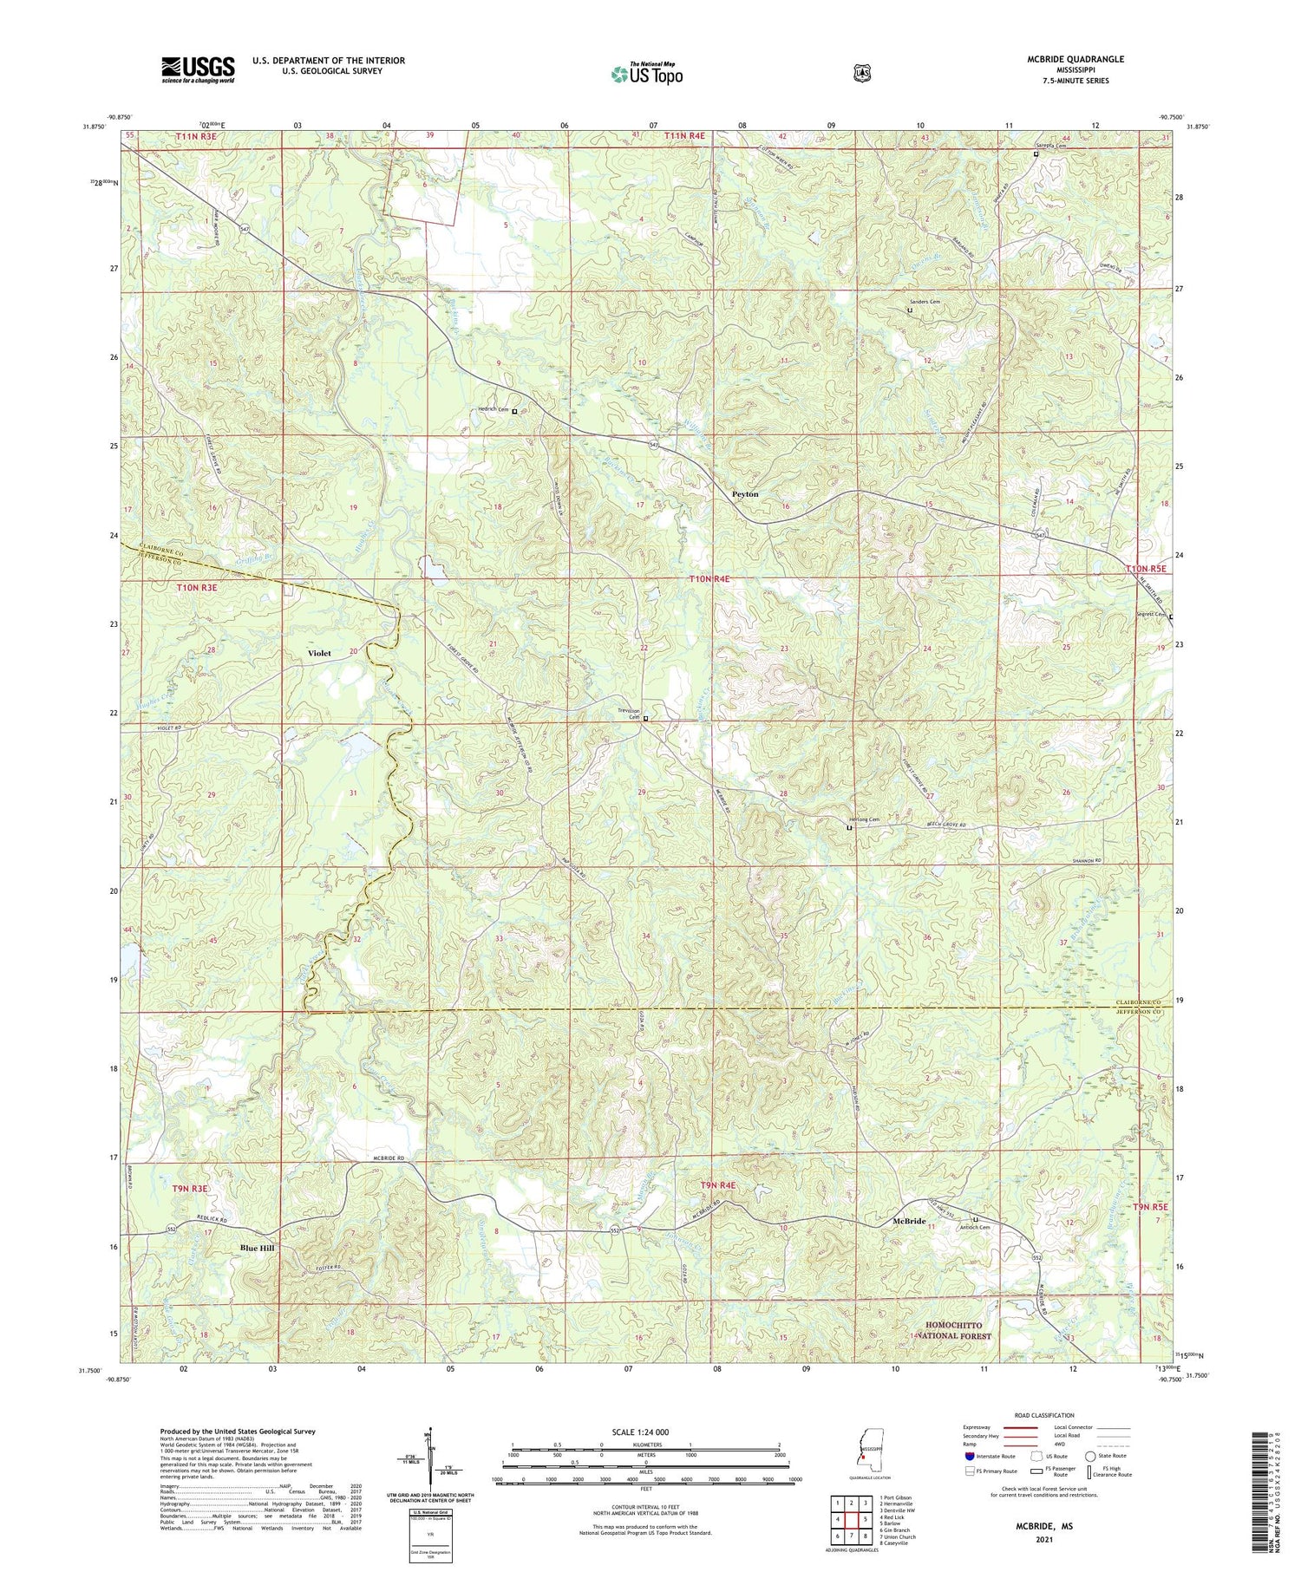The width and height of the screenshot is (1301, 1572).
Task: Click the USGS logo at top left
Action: pyautogui.click(x=198, y=69)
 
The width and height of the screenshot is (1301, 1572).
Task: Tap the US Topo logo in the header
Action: pyautogui.click(x=646, y=74)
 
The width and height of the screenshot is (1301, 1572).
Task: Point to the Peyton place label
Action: pyautogui.click(x=744, y=494)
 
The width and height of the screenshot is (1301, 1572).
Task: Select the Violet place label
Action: pyautogui.click(x=319, y=653)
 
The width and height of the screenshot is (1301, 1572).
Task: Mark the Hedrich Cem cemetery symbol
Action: pyautogui.click(x=513, y=412)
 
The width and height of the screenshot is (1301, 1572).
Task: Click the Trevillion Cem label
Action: pyautogui.click(x=628, y=714)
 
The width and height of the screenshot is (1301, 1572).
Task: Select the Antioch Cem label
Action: pyautogui.click(x=973, y=1227)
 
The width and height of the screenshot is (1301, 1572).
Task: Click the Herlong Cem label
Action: pyautogui.click(x=863, y=819)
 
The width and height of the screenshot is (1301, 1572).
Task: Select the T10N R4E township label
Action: pyautogui.click(x=709, y=578)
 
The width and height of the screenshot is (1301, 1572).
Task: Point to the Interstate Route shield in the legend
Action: pyautogui.click(x=969, y=1456)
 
